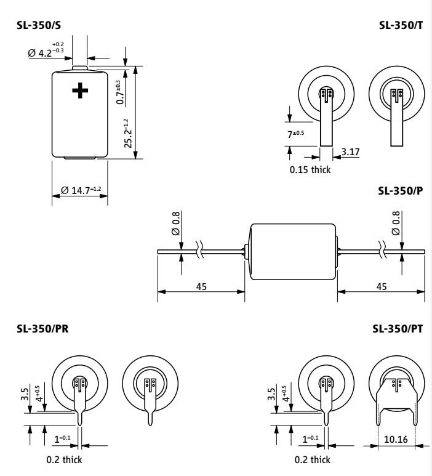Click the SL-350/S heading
[39, 25]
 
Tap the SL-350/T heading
[401, 25]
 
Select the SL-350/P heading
[401, 191]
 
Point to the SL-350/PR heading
[42, 329]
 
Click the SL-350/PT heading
[398, 329]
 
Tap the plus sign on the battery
[80, 91]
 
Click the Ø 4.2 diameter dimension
[46, 49]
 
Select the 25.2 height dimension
[128, 133]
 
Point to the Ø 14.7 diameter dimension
[81, 190]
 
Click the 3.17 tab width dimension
[350, 151]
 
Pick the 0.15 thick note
[310, 170]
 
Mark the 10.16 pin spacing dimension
[396, 439]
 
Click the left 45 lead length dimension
[201, 286]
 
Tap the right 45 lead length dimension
[382, 286]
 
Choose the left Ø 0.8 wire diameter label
[176, 224]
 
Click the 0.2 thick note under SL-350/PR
[64, 459]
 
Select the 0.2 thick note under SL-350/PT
[313, 459]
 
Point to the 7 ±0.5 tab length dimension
[295, 134]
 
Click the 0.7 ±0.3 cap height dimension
[120, 92]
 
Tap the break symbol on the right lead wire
[383, 249]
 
